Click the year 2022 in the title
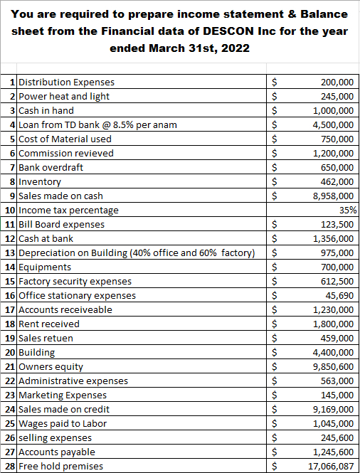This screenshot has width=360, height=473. pos(236,49)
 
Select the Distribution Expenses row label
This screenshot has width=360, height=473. pos(66,82)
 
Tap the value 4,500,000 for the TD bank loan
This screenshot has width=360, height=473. pos(333,124)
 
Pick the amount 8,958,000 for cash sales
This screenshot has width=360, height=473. pos(333,196)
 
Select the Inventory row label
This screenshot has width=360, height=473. pos(40,181)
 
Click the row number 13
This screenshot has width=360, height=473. pos(10,253)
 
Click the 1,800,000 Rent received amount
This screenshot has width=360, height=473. pos(333,324)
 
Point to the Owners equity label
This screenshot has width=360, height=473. pos(51,366)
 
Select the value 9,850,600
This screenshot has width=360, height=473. pos(333,366)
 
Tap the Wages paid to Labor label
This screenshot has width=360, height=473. pos(62,423)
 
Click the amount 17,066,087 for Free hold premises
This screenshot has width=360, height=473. pos(331,466)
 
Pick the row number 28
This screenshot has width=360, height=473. pos(10,466)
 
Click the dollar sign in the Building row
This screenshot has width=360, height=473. pos(275,352)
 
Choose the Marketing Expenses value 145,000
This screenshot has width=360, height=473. pos(338,395)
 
